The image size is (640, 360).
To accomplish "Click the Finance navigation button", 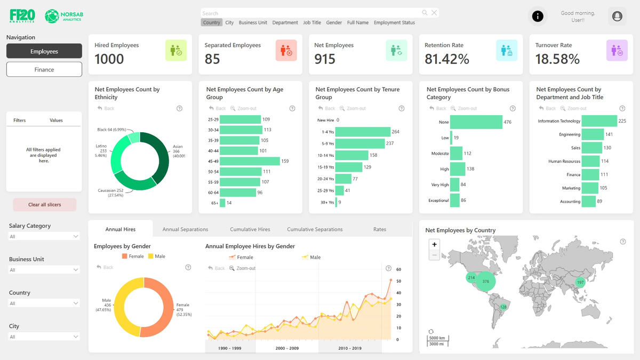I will pos(44,69).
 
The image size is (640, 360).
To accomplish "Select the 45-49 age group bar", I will pos(250,161).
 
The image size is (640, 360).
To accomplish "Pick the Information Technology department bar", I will pos(599,121).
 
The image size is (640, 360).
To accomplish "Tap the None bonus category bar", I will pos(476,122).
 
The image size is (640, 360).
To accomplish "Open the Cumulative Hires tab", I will pos(250,229).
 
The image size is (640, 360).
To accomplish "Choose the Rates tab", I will pos(380,229).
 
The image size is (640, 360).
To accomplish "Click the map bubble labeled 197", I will pos(580,282).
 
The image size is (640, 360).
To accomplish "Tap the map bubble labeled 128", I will pos(503,307).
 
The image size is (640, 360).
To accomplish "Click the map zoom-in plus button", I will pos(435,244).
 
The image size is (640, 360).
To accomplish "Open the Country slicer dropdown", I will pos(44,303).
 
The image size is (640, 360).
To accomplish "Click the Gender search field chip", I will pos(334,23).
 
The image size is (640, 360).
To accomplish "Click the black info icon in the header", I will pos(538,17).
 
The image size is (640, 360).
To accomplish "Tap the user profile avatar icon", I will pos(617,17).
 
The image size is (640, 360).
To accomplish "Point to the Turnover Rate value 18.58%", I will pos(557,59).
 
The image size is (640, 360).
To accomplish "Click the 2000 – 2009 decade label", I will pos(287,348).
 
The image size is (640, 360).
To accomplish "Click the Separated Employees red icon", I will pos(286,50).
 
